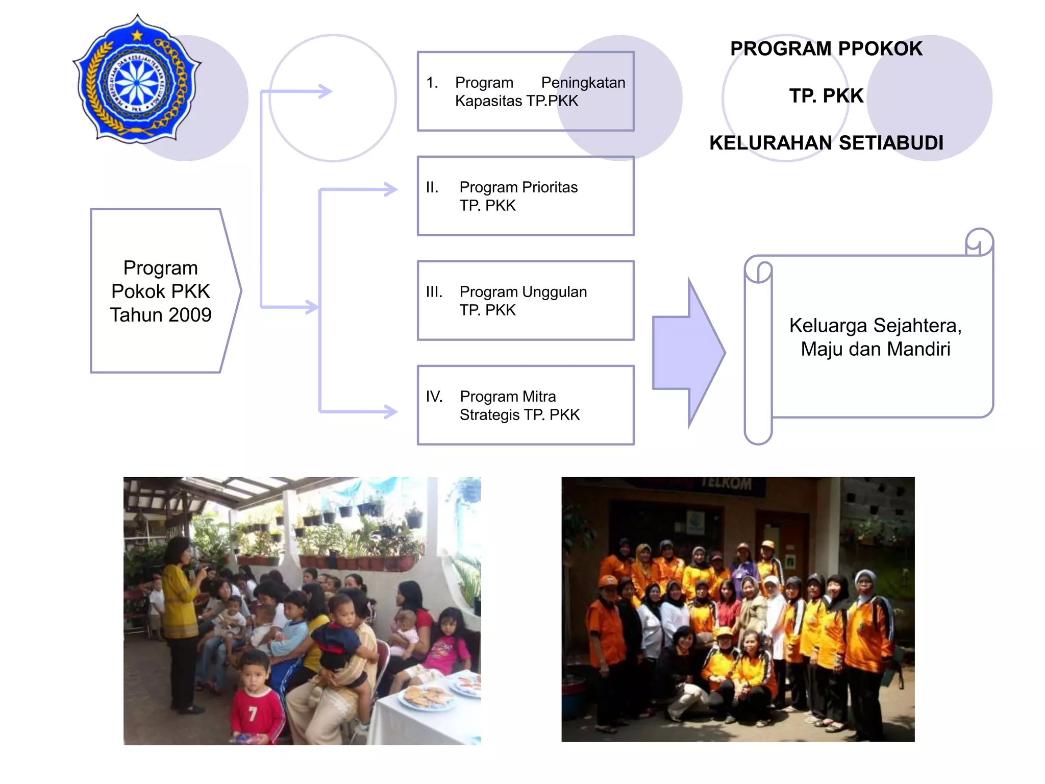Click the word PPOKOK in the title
coord(880,49)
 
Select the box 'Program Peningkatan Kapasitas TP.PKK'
coord(526,92)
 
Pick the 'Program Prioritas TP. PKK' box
coord(526,196)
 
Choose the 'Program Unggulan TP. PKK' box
coord(526,301)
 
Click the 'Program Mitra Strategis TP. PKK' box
coord(526,405)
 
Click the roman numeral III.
coord(434,292)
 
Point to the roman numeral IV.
coord(434,397)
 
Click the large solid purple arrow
coord(689,353)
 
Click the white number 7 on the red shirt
coord(253,713)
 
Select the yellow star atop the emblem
coord(137,35)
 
